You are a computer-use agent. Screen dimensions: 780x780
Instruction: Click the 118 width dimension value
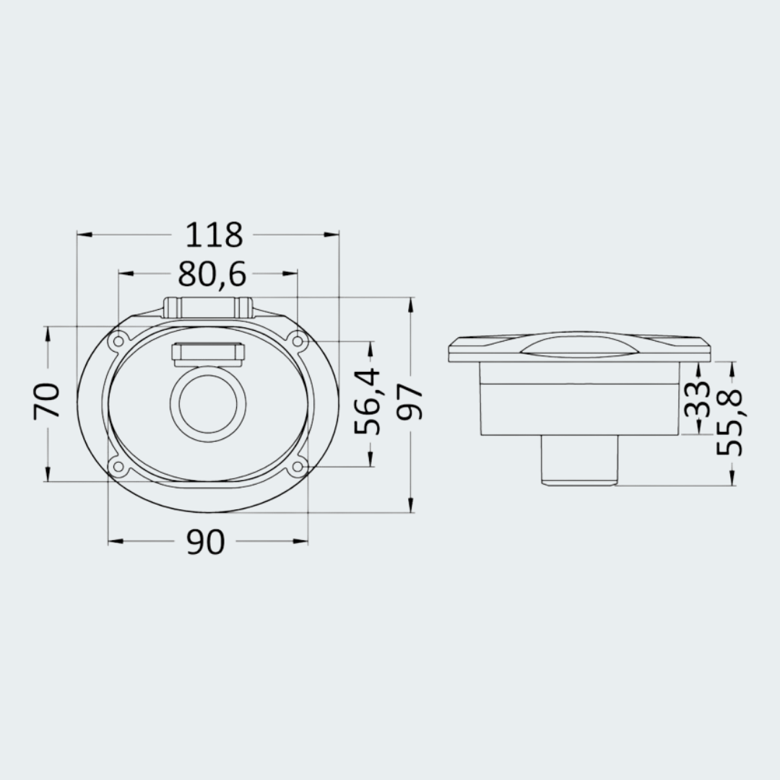[x=214, y=235]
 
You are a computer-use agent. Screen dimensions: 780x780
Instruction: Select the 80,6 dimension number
[x=212, y=274]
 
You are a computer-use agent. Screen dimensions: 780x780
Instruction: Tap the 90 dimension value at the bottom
[x=205, y=542]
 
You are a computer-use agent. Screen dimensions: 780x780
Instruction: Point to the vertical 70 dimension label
[x=46, y=401]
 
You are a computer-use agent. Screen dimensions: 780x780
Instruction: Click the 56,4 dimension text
[x=367, y=402]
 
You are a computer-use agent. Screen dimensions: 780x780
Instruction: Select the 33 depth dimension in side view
[x=697, y=399]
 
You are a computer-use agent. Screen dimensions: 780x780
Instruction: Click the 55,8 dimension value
[x=729, y=422]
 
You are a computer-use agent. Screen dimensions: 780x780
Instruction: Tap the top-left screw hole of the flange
[x=118, y=341]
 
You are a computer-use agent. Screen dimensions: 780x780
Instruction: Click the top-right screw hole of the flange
[x=298, y=341]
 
